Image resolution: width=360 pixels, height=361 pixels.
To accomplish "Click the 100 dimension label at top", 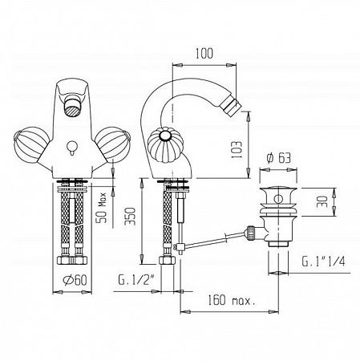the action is click(x=204, y=54).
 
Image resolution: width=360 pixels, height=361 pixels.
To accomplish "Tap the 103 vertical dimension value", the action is click(x=237, y=149).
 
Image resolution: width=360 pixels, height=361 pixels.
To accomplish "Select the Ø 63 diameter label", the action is click(x=278, y=158).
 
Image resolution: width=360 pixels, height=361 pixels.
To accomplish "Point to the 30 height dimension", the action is click(x=322, y=201).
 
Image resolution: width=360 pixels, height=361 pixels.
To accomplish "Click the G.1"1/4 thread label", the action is click(x=323, y=262).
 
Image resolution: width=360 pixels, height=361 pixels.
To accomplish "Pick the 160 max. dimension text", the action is click(x=232, y=300).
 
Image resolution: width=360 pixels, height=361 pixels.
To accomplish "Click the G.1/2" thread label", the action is click(x=136, y=280).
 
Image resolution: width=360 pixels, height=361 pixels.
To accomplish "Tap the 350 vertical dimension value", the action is click(x=131, y=216).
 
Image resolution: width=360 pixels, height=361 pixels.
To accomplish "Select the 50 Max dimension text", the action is click(x=102, y=208).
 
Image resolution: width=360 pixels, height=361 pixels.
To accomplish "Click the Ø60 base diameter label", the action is click(x=75, y=280).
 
